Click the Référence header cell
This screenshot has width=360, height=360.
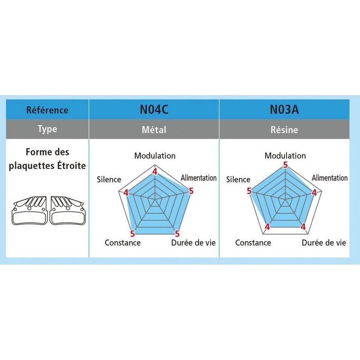(47, 110)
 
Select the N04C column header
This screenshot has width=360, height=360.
(154, 109)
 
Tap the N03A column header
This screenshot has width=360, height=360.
(284, 109)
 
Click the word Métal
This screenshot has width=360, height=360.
(154, 130)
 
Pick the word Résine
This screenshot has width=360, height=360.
(284, 130)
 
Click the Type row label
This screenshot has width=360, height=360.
(47, 129)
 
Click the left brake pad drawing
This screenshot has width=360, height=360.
(29, 211)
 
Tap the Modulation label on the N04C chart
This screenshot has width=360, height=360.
(155, 156)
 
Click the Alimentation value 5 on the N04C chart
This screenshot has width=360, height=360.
(191, 191)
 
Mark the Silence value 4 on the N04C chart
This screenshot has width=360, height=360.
(126, 193)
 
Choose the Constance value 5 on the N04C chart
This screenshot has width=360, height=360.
(133, 234)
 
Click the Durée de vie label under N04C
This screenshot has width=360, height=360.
(193, 243)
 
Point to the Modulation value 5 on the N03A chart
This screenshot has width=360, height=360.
(285, 165)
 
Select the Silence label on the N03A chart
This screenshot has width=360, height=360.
(238, 179)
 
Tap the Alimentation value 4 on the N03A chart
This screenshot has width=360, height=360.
(314, 193)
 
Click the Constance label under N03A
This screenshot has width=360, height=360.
(253, 243)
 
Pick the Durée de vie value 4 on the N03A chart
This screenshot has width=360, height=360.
(303, 227)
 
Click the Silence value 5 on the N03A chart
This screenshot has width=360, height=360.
(249, 191)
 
